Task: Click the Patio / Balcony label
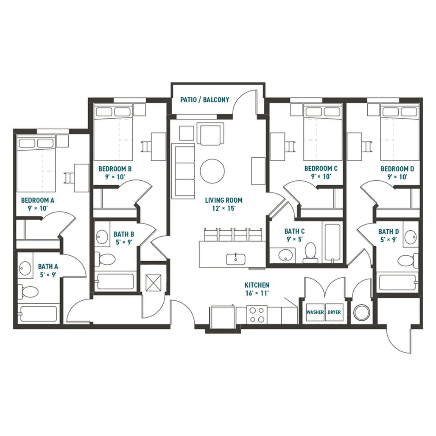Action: point(204,100)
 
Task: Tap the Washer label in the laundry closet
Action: point(315,312)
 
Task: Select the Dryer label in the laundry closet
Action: point(334,312)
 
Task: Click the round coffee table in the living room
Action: point(212,171)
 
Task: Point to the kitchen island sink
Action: point(234,257)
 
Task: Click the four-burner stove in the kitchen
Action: point(257,314)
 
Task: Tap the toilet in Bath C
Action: point(310,251)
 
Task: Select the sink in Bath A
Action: point(25,268)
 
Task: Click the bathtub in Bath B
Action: point(115,281)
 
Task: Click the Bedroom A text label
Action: point(38,200)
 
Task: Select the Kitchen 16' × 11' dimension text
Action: point(257,293)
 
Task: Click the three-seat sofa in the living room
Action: point(183,170)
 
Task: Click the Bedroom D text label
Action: point(397,168)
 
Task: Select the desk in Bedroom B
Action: point(159,146)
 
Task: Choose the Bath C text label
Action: point(294,231)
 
